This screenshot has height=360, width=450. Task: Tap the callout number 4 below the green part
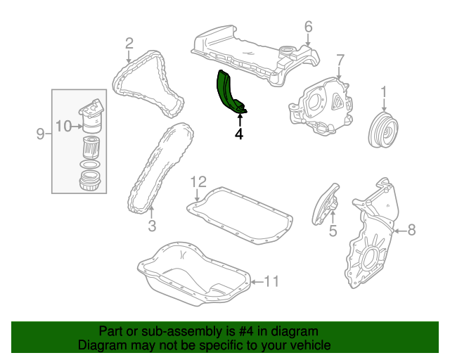coord(239,134)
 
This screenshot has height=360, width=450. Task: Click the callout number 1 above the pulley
coord(384,91)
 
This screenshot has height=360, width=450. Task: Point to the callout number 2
coord(129,44)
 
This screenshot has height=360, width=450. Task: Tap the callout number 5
coord(333,230)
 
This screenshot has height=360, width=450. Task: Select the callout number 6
coord(308,27)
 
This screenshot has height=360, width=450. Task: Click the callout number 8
coord(411,229)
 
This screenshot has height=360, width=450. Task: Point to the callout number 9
coord(40,134)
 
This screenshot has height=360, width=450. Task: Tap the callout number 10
coord(63,127)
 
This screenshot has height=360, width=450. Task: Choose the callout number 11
coord(271,282)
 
